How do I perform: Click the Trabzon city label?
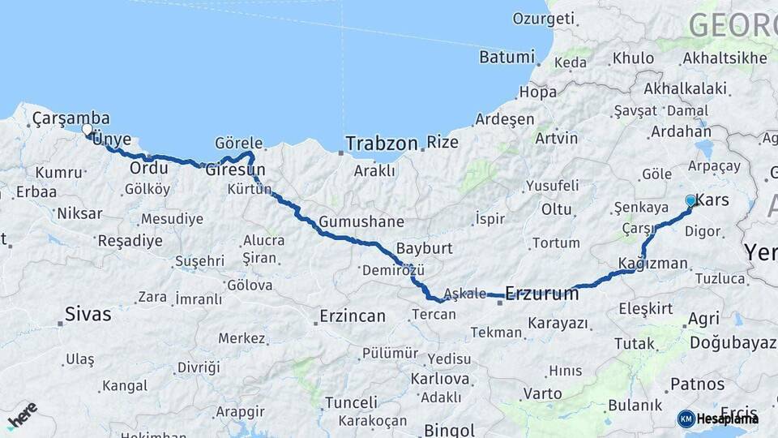click(x=381, y=144)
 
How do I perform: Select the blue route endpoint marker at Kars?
click(x=690, y=200)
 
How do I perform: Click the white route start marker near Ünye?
click(x=87, y=128)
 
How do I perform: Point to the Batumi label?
click(x=507, y=57)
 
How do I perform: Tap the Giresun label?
click(x=235, y=170)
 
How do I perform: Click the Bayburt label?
click(x=424, y=247)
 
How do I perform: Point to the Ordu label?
click(x=149, y=168)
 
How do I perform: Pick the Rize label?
click(x=442, y=143)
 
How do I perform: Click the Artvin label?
click(x=557, y=138)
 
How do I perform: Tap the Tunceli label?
click(x=351, y=402)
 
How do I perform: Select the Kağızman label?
click(x=652, y=264)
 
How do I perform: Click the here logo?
click(x=22, y=416)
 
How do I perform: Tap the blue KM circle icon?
click(x=686, y=419)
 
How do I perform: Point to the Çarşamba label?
click(x=71, y=118)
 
